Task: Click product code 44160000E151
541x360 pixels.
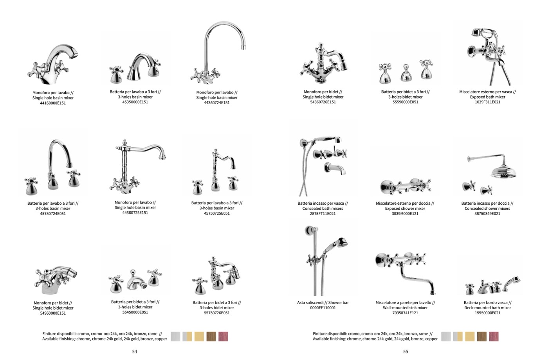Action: click(x=52, y=103)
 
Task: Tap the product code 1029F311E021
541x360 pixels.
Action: click(x=487, y=102)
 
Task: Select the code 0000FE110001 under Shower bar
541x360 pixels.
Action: click(x=323, y=308)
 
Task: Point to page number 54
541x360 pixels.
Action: click(x=135, y=351)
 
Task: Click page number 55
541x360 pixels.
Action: click(x=406, y=351)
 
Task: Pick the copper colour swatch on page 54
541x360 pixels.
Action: click(x=223, y=337)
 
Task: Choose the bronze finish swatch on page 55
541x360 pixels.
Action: click(x=482, y=337)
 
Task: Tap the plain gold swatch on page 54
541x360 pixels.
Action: click(x=199, y=337)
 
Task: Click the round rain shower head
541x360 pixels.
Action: click(x=504, y=172)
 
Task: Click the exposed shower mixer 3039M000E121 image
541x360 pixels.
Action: click(x=406, y=186)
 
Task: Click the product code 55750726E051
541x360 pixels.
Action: click(x=216, y=313)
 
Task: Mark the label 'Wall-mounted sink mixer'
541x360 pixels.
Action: click(x=405, y=308)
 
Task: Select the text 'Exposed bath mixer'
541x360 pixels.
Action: click(x=487, y=97)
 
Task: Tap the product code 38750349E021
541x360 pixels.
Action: click(x=487, y=214)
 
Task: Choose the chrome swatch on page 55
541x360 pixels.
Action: click(x=446, y=337)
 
